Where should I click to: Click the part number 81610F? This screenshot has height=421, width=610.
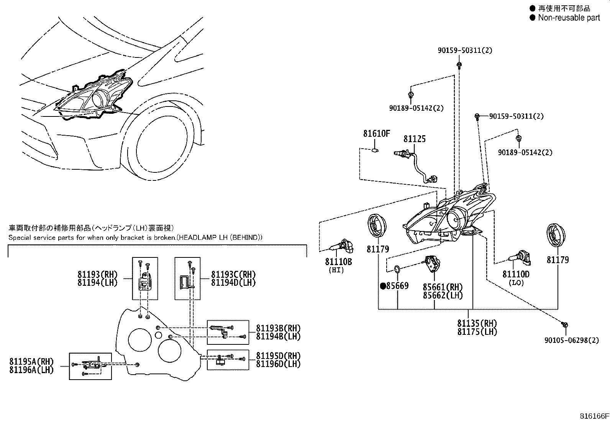tap(377, 134)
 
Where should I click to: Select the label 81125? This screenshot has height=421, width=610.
tap(415, 139)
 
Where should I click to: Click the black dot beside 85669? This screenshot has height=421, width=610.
tap(383, 286)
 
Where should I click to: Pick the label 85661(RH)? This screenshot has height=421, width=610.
tap(443, 287)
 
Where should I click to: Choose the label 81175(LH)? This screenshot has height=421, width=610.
tap(477, 332)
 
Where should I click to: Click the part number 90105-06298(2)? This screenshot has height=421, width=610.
tap(572, 340)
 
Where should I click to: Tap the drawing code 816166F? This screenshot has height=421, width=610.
tap(594, 416)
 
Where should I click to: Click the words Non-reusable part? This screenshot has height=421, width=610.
tap(569, 18)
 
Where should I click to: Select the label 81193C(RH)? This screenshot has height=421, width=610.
tap(234, 274)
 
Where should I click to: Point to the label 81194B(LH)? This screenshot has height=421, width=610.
tap(278, 336)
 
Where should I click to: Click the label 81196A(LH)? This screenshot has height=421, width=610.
tap(31, 370)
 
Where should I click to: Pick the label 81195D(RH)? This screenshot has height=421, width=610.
tap(278, 355)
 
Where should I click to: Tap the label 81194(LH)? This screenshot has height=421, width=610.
tap(97, 282)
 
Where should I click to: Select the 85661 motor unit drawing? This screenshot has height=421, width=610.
tap(431, 263)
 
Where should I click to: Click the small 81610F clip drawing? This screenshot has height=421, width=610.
tap(375, 150)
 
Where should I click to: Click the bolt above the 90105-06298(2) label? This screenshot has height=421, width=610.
tap(565, 324)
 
